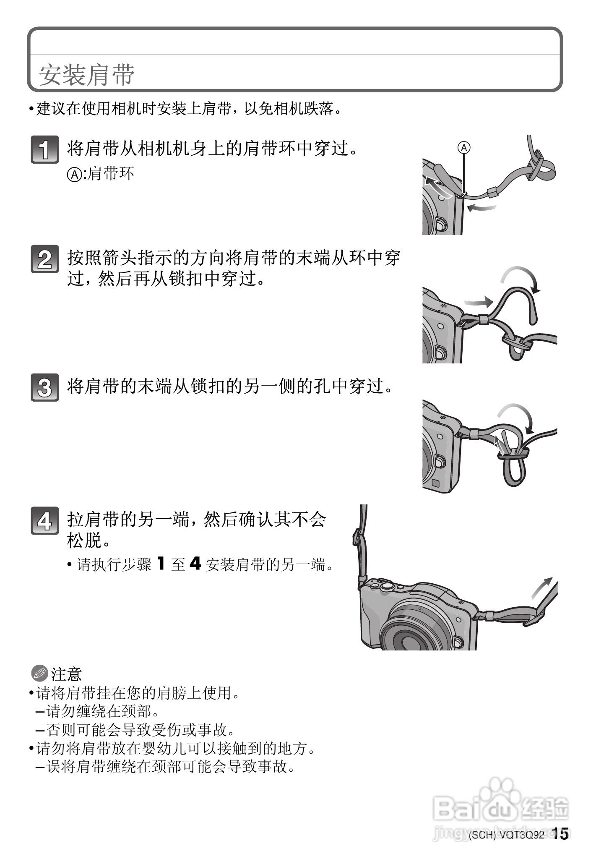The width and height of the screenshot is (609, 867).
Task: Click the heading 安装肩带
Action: click(x=87, y=75)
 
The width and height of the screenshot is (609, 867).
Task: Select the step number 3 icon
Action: click(x=45, y=387)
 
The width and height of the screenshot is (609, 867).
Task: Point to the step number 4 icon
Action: click(x=45, y=521)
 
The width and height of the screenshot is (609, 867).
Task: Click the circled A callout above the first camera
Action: click(x=464, y=148)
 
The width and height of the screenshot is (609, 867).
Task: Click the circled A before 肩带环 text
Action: click(x=75, y=174)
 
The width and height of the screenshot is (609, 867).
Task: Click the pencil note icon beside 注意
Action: click(x=40, y=674)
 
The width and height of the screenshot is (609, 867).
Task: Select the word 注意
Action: click(x=66, y=674)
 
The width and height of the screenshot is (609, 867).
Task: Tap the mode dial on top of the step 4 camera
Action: click(x=387, y=584)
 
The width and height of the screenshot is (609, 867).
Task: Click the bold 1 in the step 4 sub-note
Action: click(x=161, y=564)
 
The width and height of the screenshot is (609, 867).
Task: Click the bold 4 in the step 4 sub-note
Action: click(x=195, y=564)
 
